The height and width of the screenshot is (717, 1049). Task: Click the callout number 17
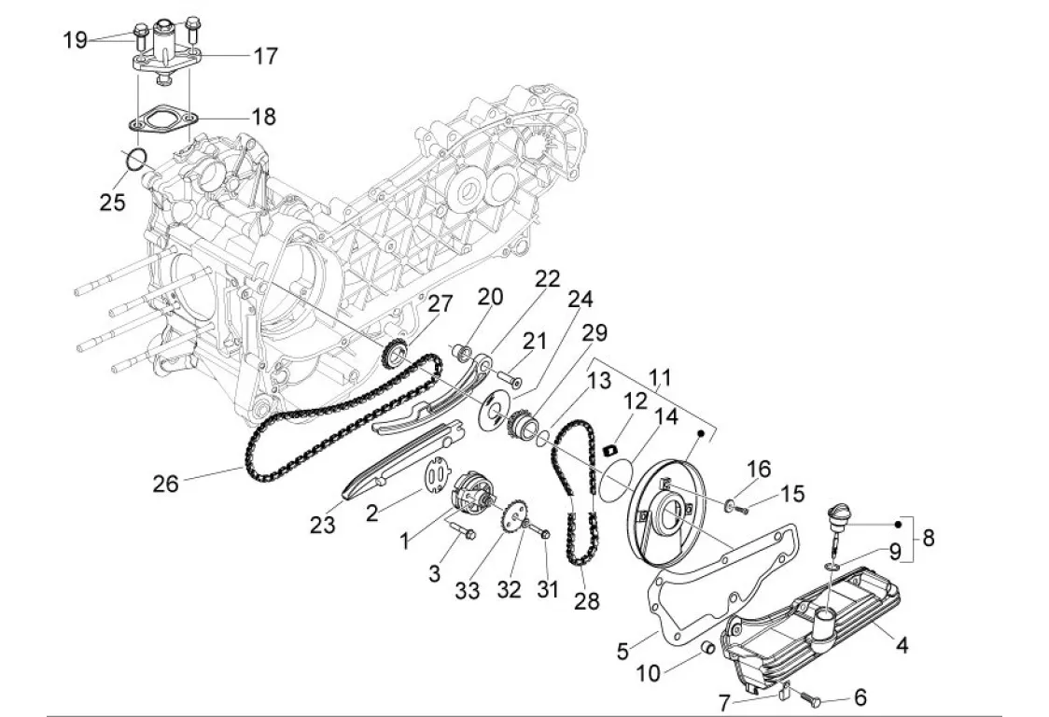[x=266, y=56]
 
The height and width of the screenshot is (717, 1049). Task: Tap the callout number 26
[x=166, y=484]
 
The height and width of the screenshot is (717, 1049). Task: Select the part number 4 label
[x=902, y=645]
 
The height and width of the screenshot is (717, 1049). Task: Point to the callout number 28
[x=587, y=600]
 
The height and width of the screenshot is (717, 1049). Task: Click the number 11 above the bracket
[x=660, y=379]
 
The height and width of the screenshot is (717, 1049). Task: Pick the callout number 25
[x=112, y=201]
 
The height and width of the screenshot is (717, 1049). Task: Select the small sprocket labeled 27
[x=395, y=354]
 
